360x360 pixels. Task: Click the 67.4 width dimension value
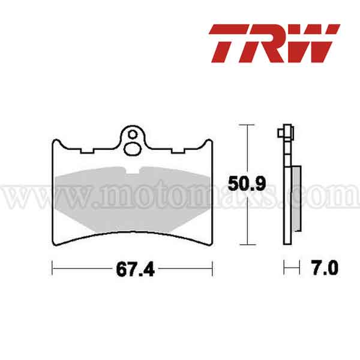click(x=132, y=268)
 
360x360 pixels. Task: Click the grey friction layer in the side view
click(x=296, y=198)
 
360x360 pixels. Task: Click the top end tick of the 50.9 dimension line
click(x=243, y=124)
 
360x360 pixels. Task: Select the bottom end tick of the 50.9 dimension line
click(x=243, y=245)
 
